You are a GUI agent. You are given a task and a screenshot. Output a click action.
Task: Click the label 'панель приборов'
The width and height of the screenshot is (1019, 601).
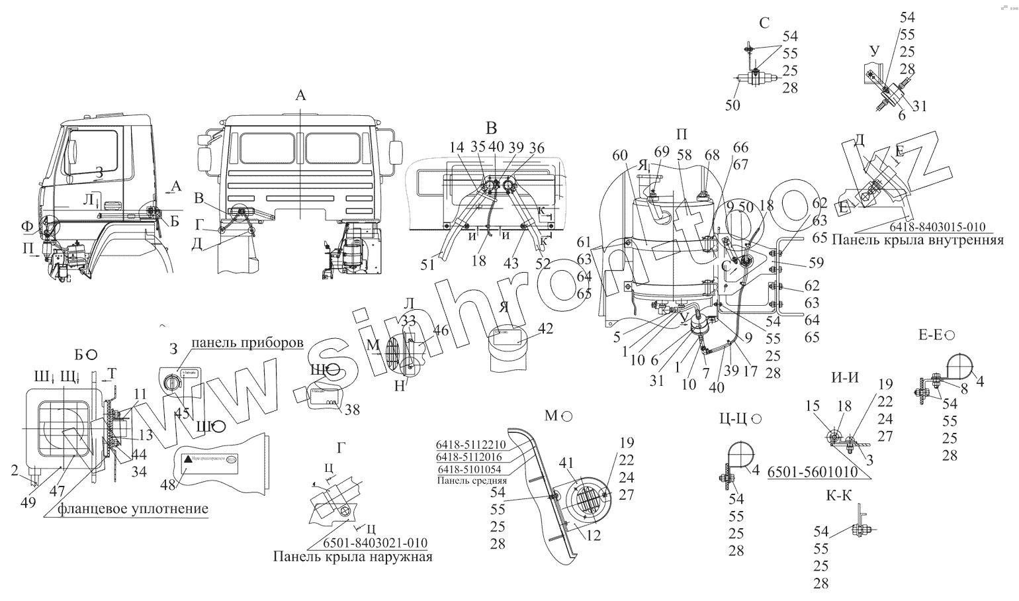(x=247, y=343)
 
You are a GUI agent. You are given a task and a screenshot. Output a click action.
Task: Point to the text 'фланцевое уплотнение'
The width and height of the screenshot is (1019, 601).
(x=132, y=508)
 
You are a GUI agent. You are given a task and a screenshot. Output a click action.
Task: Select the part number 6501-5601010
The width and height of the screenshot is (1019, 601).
(x=812, y=472)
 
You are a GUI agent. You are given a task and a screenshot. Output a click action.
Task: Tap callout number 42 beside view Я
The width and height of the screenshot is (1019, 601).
(x=546, y=328)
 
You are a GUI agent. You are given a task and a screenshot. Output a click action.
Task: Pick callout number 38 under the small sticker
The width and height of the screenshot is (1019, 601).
(x=352, y=410)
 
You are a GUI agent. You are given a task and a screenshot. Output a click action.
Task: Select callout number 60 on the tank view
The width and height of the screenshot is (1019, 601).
(x=619, y=156)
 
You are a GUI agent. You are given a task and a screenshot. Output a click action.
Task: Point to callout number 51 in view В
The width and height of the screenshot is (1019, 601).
(x=427, y=264)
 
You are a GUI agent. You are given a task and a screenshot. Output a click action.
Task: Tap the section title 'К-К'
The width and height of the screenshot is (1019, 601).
(x=839, y=496)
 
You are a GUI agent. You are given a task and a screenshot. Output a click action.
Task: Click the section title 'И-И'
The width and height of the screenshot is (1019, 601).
(x=844, y=378)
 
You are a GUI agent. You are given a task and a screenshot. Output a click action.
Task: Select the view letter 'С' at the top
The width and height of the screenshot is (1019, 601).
(x=764, y=24)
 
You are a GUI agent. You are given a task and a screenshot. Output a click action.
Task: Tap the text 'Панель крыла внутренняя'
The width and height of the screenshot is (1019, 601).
(x=918, y=240)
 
